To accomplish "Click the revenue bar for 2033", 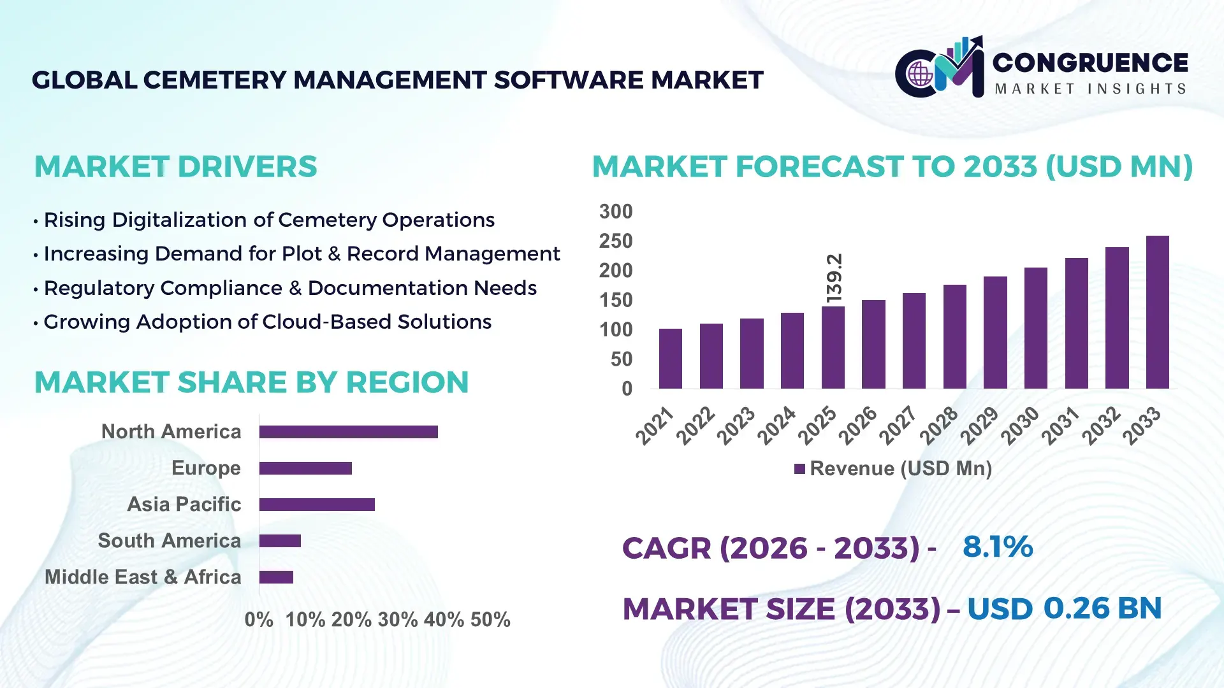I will [x=1157, y=312].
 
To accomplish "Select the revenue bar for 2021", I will [x=670, y=359].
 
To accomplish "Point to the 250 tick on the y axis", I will [x=615, y=241].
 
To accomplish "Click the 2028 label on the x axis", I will [x=939, y=425].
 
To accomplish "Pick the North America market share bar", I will [x=348, y=432].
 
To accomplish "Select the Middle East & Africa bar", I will [x=276, y=577].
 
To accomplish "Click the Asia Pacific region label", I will [x=184, y=504].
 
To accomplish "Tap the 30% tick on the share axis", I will [x=398, y=620].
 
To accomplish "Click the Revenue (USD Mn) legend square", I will [x=799, y=469].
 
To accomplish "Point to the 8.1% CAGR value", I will [x=997, y=547].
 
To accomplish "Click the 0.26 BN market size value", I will [x=1102, y=608].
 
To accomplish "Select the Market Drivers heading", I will [x=175, y=167].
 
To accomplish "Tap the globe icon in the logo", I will [x=920, y=75].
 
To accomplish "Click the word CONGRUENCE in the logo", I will [x=1090, y=62].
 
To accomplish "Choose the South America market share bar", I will [x=280, y=541].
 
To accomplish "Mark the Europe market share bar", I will [x=305, y=468].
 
